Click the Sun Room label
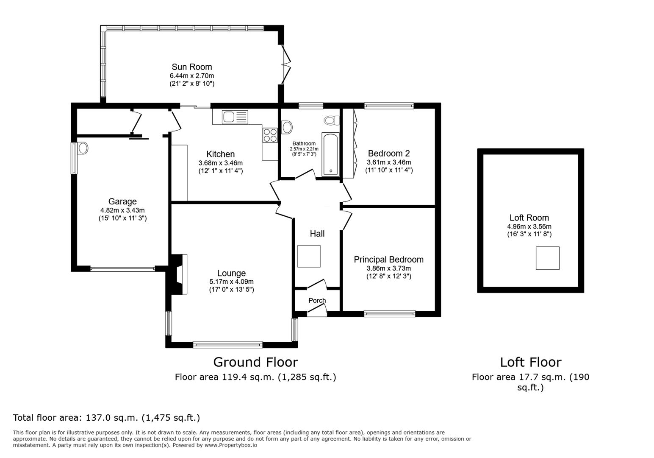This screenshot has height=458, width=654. pos(191,67)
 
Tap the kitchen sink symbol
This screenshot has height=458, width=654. pos(235,117)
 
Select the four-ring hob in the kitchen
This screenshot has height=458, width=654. pos(270,135)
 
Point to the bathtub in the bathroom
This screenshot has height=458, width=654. pos(330,154)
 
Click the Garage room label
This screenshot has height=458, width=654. pos(122,201)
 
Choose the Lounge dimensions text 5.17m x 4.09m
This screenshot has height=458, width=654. pos(231,282)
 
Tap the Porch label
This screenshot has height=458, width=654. pos(317,300)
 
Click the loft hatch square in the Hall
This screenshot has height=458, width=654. pos(309,256)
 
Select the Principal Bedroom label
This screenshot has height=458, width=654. pos(388,260)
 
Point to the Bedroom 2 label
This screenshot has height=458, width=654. pos(388,154)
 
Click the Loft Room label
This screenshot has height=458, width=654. pos(529,218)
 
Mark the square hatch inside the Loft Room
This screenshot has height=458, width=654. pos(547,258)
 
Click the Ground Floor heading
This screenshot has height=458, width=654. pos(255,362)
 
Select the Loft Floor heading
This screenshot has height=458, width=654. pos(530,362)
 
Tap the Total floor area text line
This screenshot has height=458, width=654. pos(106,418)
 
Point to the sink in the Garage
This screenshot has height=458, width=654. pos(83,148)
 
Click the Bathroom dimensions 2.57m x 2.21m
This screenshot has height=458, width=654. pos(304,149)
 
